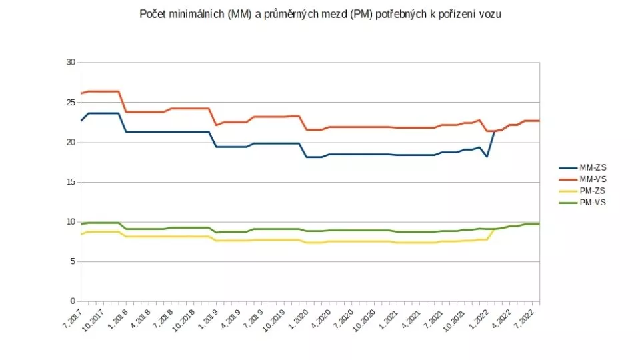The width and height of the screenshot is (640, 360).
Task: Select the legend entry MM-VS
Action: tap(592, 180)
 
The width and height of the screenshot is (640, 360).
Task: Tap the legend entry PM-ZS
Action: tap(591, 191)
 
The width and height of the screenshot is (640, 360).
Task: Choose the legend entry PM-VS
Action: tap(591, 201)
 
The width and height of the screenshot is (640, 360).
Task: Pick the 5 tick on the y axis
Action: tap(72, 261)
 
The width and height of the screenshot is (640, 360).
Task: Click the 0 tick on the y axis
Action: tap(72, 301)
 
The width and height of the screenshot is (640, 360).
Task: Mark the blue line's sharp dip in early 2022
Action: tap(487, 156)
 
